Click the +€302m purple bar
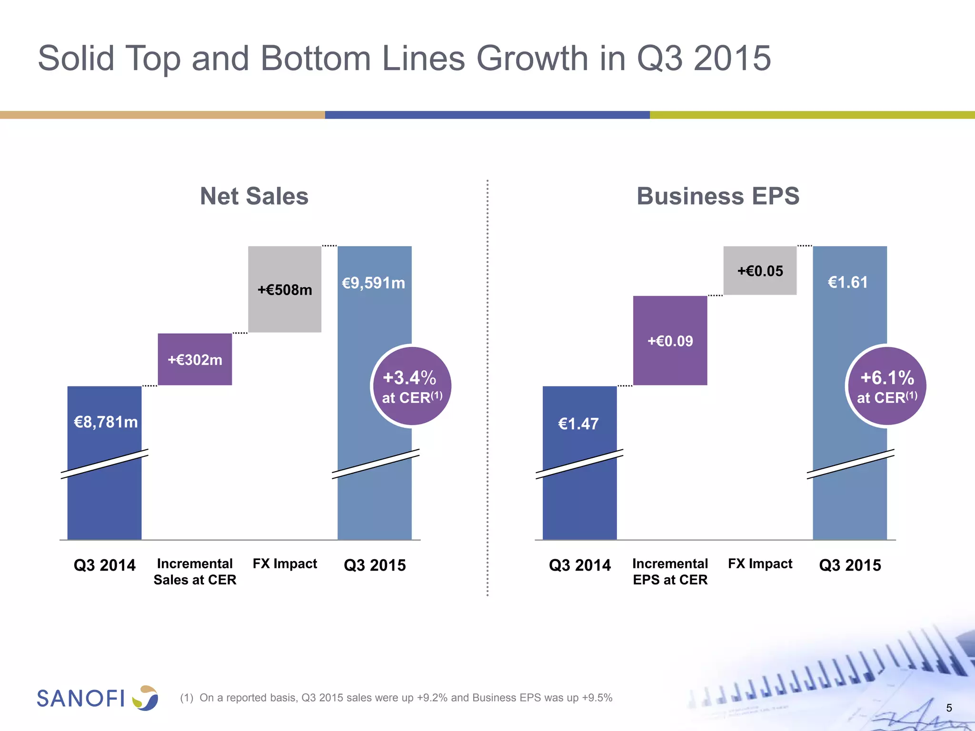point(195,359)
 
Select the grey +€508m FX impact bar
point(285,289)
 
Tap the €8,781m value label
point(106,422)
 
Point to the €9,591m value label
point(374,283)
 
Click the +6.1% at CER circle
point(886,386)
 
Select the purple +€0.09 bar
point(670,341)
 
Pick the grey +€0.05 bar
point(760,271)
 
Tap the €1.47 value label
point(578,424)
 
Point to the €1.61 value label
point(848,282)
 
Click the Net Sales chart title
point(254,196)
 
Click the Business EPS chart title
point(718,196)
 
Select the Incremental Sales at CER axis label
point(195,572)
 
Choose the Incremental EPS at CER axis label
point(670,572)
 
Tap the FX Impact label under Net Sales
point(285,563)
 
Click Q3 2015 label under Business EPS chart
point(850,565)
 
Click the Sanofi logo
point(98,698)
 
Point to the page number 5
point(949,708)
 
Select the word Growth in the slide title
point(532,59)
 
